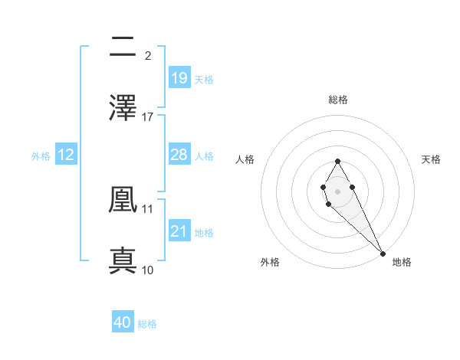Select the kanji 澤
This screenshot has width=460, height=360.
[123, 108]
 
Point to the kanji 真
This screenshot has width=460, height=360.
[123, 260]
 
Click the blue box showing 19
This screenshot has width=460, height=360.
[179, 78]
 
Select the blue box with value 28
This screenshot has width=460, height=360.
[179, 155]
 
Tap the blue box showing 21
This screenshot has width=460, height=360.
[179, 231]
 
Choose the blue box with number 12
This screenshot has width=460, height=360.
[66, 155]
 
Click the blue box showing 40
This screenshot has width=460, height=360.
[123, 322]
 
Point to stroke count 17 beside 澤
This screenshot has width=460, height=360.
[148, 116]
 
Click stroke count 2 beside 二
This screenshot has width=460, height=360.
[148, 55]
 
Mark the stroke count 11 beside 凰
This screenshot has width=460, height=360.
[148, 208]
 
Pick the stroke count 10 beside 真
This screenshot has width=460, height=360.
[148, 270]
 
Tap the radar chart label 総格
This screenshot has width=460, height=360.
[338, 100]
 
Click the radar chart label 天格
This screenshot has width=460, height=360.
[431, 159]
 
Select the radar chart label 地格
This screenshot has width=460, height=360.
[402, 262]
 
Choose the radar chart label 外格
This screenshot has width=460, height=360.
[270, 262]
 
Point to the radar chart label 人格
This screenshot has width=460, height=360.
[245, 159]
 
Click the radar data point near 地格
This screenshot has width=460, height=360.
[383, 254]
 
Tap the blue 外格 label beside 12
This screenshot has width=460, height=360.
[41, 155]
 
